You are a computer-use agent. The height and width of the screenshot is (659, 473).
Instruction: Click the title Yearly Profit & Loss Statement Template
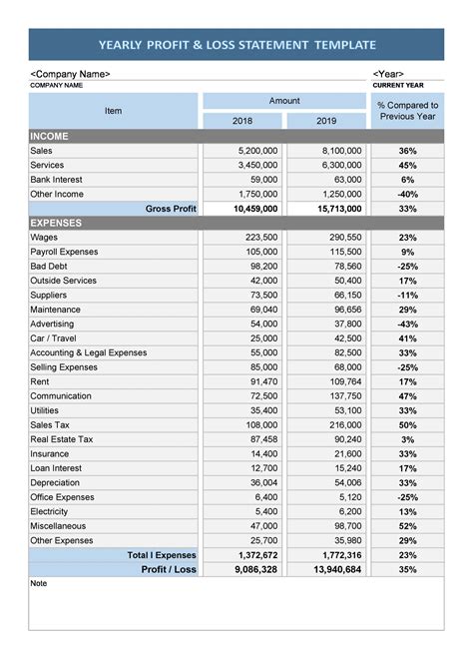[x=236, y=45]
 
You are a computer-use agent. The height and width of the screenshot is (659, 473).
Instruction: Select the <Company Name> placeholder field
[x=71, y=74]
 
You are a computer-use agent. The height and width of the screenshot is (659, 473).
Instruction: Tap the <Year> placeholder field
[x=388, y=74]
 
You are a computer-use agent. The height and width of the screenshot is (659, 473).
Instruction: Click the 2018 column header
[x=242, y=121]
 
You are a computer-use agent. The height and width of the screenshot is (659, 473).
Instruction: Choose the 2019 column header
[x=326, y=121]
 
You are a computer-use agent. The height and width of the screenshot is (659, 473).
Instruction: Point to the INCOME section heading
[x=49, y=136]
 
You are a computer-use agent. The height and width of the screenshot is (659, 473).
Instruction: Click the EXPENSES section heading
[x=56, y=223]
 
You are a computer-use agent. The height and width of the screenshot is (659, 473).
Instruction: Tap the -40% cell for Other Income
[x=407, y=194]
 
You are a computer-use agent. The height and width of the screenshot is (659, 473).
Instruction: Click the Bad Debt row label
[x=49, y=267]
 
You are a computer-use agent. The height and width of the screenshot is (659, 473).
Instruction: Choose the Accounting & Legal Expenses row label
[x=88, y=352]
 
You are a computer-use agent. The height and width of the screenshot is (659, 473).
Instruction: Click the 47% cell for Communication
[x=407, y=396]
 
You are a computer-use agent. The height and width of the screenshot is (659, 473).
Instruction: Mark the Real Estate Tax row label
[x=62, y=439]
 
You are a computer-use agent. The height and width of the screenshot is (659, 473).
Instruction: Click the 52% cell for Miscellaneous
[x=407, y=526]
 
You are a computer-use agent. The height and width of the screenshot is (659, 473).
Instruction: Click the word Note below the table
[x=39, y=583]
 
